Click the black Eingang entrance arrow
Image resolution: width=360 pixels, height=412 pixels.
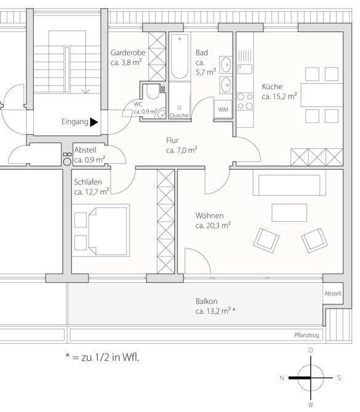(94, 122)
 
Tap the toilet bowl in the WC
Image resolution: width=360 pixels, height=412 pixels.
(153, 91)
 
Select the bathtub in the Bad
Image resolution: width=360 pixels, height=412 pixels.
(180, 56)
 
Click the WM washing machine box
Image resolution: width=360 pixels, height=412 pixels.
(223, 109)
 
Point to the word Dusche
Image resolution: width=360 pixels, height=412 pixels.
(179, 116)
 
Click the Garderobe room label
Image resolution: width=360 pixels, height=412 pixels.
(128, 53)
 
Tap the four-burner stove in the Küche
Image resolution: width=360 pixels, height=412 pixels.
(245, 101)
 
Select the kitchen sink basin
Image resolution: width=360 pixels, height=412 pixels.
(245, 69)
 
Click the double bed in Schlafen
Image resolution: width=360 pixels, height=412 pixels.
(107, 230)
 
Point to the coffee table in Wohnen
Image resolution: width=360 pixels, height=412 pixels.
(289, 213)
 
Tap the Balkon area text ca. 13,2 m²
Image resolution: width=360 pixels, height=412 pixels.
(215, 311)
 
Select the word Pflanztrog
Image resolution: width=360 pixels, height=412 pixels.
(306, 335)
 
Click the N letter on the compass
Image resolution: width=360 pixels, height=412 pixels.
(282, 378)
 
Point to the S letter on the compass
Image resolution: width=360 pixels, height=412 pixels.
(339, 378)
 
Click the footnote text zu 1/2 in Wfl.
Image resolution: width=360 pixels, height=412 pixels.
(110, 357)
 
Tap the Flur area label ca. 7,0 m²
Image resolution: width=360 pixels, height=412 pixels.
(182, 150)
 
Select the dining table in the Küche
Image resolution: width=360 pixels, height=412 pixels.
(322, 95)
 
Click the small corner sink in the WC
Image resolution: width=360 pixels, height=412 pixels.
(161, 114)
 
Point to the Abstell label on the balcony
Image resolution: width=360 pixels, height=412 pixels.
(333, 293)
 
